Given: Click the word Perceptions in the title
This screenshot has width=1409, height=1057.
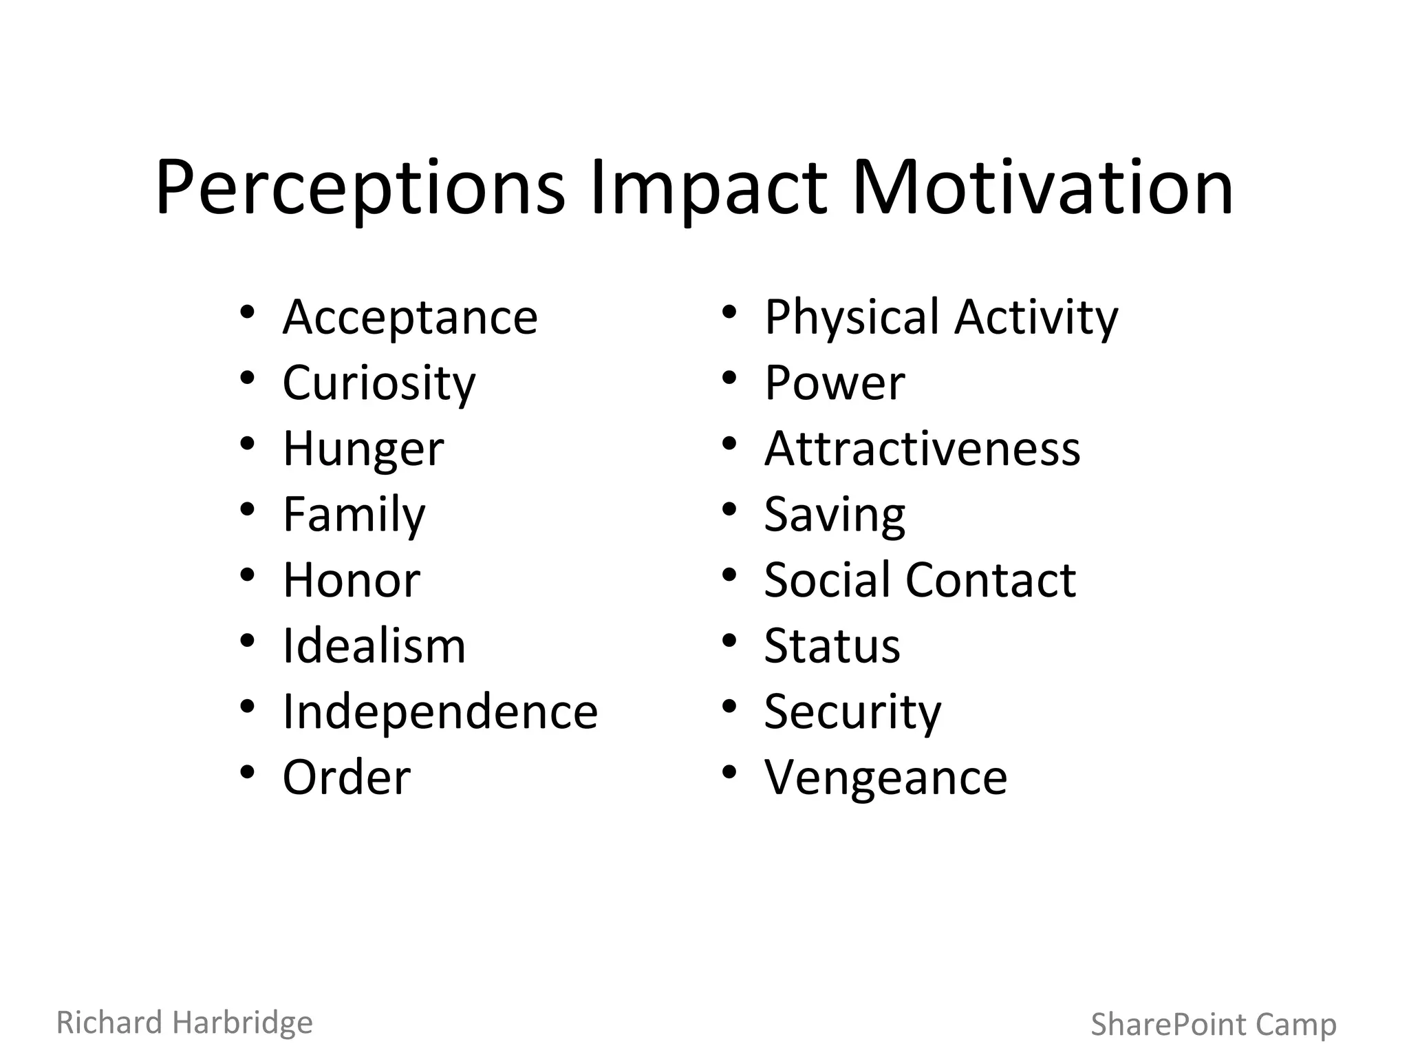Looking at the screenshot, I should [x=360, y=188].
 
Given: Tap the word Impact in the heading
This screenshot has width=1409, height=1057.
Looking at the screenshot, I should [x=708, y=188].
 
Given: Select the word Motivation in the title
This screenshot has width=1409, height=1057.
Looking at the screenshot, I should [x=1042, y=188].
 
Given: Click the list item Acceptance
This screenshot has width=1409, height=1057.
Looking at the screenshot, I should [x=410, y=317].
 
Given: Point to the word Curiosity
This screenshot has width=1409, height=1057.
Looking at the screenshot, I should [x=379, y=383].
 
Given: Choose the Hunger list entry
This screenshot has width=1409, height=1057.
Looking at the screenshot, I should [x=363, y=449].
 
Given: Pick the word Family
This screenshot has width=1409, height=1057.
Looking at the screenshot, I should [x=354, y=515].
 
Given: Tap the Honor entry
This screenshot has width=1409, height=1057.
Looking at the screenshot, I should [x=352, y=580].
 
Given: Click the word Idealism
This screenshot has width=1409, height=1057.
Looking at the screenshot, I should [x=374, y=646].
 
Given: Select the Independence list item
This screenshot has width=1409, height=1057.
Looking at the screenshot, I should [x=440, y=712].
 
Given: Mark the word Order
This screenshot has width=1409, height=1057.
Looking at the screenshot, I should [x=347, y=778].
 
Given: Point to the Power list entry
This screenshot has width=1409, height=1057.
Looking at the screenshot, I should [x=835, y=383].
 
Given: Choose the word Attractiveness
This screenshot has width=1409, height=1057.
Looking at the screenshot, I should [x=922, y=449].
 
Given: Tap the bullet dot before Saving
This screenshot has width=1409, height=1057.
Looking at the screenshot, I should [x=729, y=509].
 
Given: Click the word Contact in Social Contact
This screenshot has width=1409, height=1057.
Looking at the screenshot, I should [x=991, y=580].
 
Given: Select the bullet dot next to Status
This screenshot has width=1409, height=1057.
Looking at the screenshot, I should [x=729, y=641].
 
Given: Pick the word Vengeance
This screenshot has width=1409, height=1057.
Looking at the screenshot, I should [x=885, y=778].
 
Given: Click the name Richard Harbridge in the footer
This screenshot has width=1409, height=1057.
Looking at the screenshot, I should [x=184, y=1023].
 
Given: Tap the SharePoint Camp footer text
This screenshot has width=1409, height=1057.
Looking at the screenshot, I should [x=1214, y=1025].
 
